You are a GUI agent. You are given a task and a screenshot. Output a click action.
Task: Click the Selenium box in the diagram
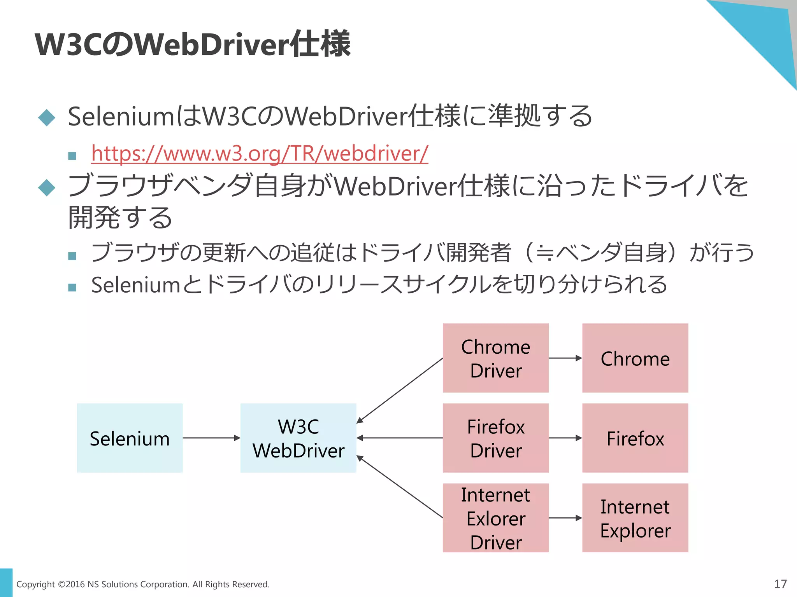(130, 438)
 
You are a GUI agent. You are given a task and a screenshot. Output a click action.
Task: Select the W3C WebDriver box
(298, 438)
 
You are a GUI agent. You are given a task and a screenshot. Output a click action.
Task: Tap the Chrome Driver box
(495, 358)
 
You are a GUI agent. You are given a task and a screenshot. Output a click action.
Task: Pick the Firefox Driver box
(495, 438)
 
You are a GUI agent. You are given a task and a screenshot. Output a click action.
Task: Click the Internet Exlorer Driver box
(495, 518)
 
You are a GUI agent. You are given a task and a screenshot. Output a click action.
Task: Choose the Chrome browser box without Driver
(635, 358)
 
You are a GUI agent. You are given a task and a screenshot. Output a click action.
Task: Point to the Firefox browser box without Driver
(635, 438)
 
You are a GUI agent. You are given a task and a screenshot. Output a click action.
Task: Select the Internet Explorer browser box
(635, 518)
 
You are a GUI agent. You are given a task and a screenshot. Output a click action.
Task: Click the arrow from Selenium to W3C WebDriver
(211, 438)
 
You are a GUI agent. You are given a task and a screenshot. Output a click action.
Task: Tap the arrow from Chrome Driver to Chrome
(565, 358)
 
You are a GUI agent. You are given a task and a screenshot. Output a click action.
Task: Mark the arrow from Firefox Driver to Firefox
(565, 438)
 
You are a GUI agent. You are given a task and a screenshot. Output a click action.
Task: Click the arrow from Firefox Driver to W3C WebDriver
(400, 438)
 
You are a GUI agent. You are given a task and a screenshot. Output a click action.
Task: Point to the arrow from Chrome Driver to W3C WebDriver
(400, 391)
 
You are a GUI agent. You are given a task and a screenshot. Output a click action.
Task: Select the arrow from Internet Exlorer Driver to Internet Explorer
(565, 518)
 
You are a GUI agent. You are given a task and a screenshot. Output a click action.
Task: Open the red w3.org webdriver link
(260, 153)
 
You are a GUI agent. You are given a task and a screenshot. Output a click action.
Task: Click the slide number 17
(780, 584)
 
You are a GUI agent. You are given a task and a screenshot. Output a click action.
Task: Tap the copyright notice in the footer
(143, 584)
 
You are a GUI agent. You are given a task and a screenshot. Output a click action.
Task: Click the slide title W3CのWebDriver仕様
(193, 44)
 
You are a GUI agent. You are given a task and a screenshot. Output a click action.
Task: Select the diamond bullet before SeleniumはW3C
(47, 117)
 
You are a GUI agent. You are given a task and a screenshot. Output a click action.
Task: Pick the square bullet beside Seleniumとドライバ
(72, 288)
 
